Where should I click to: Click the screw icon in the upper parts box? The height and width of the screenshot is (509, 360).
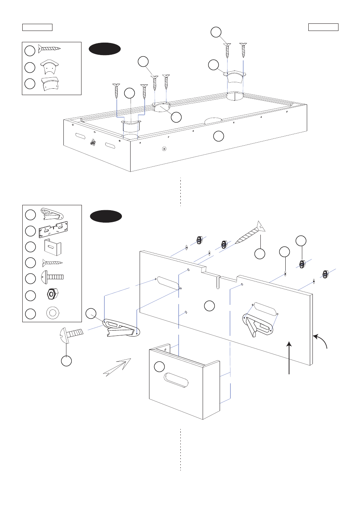[x=49, y=49]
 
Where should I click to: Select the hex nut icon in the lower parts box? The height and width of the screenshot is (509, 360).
[x=52, y=294]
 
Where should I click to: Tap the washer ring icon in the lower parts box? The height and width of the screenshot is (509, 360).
[x=52, y=312]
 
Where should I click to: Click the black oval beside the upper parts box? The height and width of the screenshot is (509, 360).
[x=105, y=49]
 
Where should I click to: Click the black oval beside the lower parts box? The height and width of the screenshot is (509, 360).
[x=106, y=216]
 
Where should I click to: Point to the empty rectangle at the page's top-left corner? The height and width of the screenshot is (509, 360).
[x=37, y=27]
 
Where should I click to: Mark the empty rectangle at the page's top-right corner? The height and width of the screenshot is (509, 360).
[x=323, y=27]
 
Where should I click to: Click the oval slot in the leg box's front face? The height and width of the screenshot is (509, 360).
[x=176, y=380]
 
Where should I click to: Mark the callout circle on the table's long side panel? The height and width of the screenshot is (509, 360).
[x=218, y=136]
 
